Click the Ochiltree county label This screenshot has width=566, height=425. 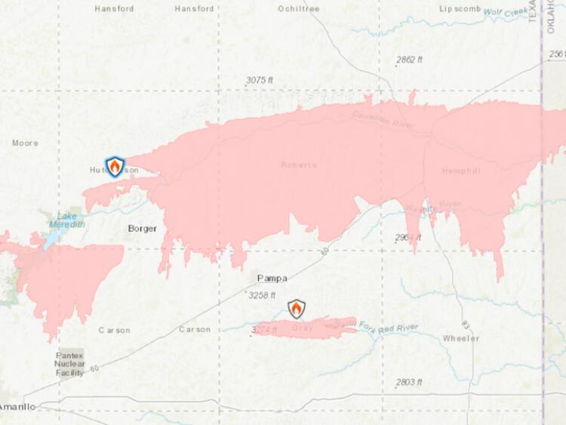click(x=299, y=9)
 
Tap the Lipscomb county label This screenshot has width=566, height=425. click(x=460, y=9)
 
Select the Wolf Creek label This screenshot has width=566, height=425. click(x=506, y=13)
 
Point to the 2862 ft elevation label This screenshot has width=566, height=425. click(x=410, y=60)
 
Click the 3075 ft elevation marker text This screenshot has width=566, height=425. click(x=260, y=80)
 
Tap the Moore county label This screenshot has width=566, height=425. click(x=25, y=143)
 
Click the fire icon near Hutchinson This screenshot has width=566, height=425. click(x=115, y=166)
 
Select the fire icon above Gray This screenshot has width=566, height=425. click(x=297, y=309)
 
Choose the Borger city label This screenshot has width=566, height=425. click(x=142, y=229)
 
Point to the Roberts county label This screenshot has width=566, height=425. click(x=299, y=165)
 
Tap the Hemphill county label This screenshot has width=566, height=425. click(x=462, y=171)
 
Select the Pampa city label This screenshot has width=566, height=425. click(x=272, y=278)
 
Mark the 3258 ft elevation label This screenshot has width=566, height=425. click(x=262, y=295)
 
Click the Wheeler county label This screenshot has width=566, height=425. click(x=461, y=338)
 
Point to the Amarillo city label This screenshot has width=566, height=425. click(x=17, y=407)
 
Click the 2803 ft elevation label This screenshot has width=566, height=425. click(x=409, y=382)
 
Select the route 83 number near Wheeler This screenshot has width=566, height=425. click(x=466, y=325)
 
